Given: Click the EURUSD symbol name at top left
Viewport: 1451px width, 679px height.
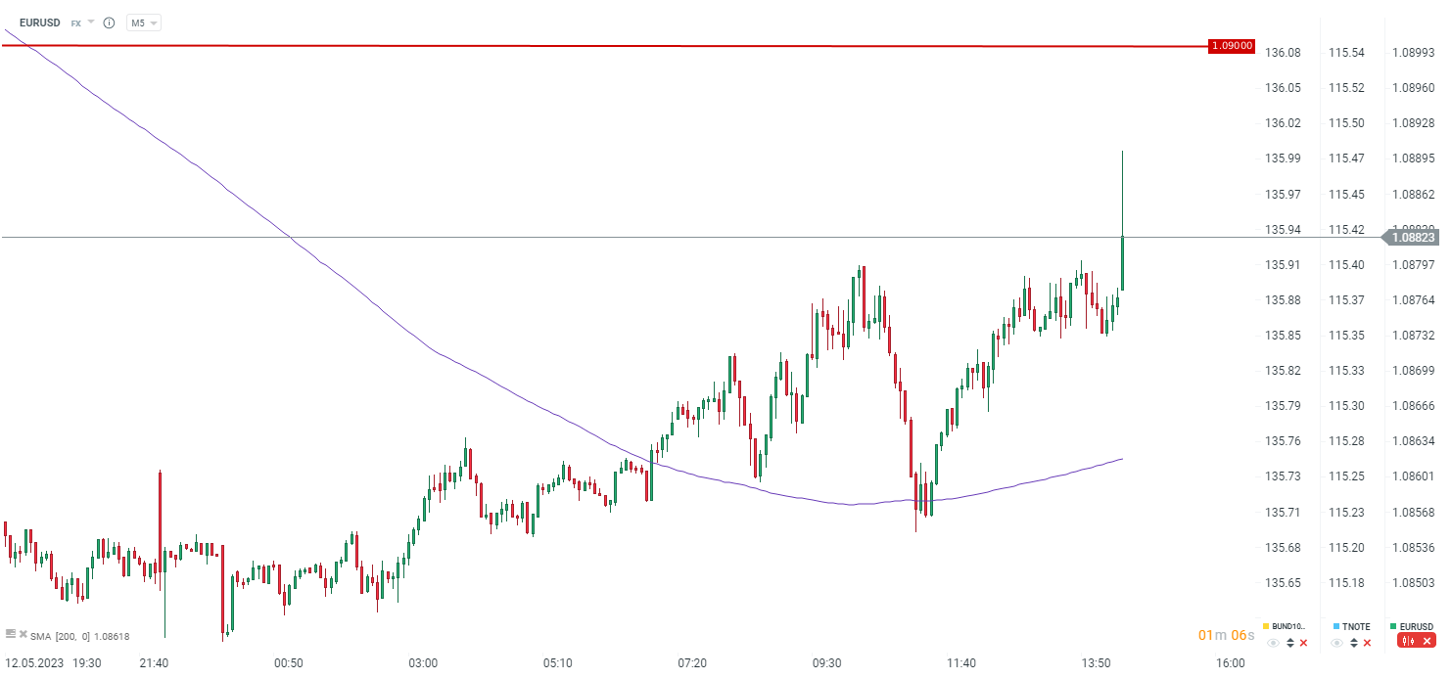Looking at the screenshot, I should [x=39, y=23].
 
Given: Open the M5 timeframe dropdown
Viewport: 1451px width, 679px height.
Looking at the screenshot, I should [x=143, y=23].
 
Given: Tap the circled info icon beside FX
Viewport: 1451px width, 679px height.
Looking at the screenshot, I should [x=109, y=23].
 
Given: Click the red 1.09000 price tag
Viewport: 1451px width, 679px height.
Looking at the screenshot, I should [x=1232, y=46].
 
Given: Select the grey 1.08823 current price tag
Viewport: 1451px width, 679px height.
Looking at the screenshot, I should [x=1413, y=237].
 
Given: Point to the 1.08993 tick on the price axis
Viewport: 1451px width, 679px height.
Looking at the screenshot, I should [x=1413, y=52].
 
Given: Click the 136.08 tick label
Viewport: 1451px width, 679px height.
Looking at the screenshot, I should [x=1283, y=52].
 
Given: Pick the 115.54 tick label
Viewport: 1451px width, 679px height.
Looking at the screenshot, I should [x=1346, y=52].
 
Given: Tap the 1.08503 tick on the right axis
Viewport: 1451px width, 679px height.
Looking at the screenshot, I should [x=1413, y=582].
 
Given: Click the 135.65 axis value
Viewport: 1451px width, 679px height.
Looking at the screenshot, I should [x=1283, y=582].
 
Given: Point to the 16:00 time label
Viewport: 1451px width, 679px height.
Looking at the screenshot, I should [x=1231, y=663].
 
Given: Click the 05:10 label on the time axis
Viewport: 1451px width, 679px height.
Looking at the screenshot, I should [x=557, y=663].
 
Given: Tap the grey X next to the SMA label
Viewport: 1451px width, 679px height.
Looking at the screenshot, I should [x=23, y=634].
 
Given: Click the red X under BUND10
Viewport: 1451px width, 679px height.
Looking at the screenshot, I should [x=1303, y=643].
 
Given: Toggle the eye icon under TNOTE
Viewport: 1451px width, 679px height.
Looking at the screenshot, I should [x=1336, y=643].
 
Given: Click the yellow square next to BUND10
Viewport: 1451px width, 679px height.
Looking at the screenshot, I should [x=1266, y=626].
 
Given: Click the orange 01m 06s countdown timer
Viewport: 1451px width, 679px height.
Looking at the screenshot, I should [x=1226, y=636].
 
